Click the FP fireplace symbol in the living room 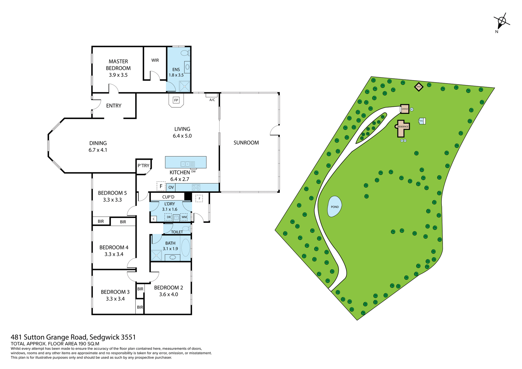pyautogui.click(x=176, y=100)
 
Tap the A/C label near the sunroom pyautogui.click(x=212, y=100)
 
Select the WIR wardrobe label pyautogui.click(x=155, y=60)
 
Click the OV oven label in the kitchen pyautogui.click(x=171, y=187)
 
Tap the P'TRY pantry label pyautogui.click(x=143, y=165)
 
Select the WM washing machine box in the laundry pyautogui.click(x=184, y=217)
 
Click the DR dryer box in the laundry pyautogui.click(x=169, y=217)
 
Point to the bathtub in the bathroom pyautogui.click(x=186, y=248)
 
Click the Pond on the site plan pyautogui.click(x=334, y=207)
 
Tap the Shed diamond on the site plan pyautogui.click(x=419, y=87)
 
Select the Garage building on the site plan pyautogui.click(x=405, y=109)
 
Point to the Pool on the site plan pyautogui.click(x=421, y=121)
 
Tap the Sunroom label pyautogui.click(x=246, y=143)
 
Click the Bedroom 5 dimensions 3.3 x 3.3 pyautogui.click(x=112, y=200)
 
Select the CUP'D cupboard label pyautogui.click(x=168, y=197)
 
